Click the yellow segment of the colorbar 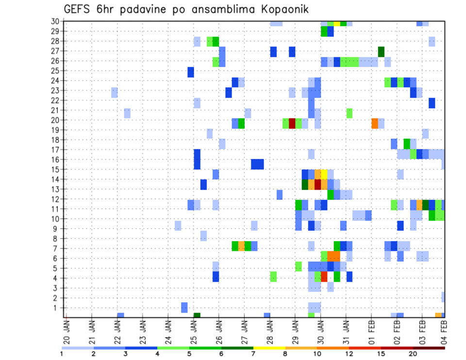(269, 347)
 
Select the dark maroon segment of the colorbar (429, 347)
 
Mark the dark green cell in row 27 (381, 51)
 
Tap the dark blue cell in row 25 (191, 72)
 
